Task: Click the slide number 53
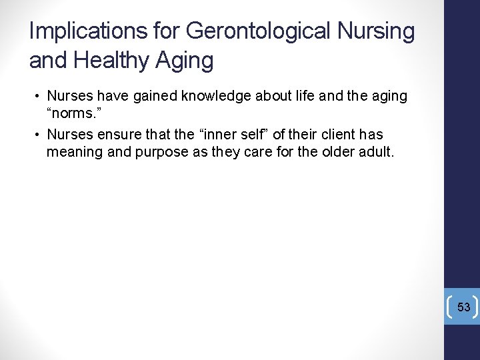click(464, 307)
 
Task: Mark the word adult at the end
click(378, 153)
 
